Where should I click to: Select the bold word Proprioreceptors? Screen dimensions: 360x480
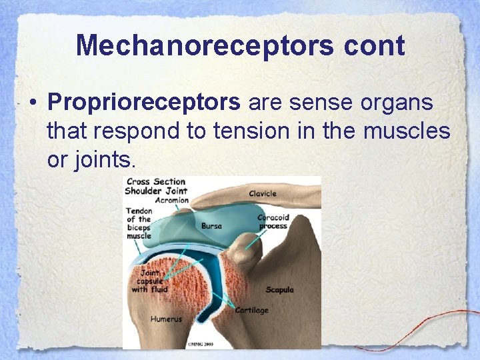pos(144,103)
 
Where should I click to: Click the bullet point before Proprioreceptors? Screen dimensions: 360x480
pos(32,104)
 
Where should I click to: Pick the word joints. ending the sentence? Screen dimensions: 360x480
pos(91,160)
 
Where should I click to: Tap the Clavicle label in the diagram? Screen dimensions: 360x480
pos(263,194)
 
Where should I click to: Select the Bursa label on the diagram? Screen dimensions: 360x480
pos(212,226)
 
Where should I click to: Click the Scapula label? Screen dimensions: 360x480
pos(279,290)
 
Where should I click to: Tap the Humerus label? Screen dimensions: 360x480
pos(166,319)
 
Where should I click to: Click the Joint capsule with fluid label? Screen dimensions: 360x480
pos(149,281)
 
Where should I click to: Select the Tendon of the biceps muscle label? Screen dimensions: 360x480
pos(139,223)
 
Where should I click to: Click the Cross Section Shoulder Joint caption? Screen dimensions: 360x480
pos(157,185)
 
